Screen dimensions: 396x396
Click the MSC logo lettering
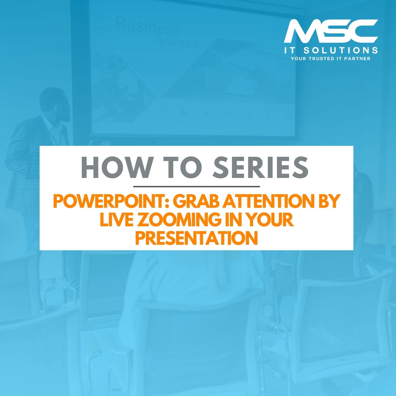pyautogui.click(x=331, y=31)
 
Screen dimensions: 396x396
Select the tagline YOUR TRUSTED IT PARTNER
pyautogui.click(x=331, y=59)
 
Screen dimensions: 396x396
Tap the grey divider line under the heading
pyautogui.click(x=197, y=186)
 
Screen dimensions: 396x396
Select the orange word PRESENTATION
pyautogui.click(x=197, y=238)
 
